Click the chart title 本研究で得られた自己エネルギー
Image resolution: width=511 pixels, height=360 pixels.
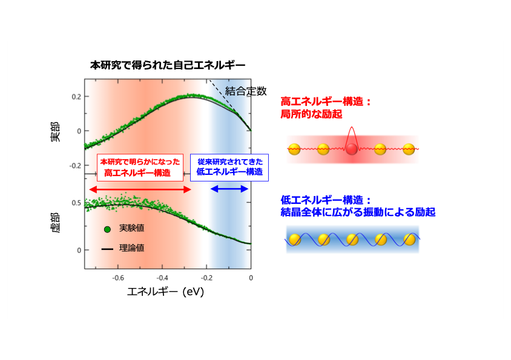point(168,65)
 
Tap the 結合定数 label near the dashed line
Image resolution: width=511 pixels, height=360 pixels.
point(246,91)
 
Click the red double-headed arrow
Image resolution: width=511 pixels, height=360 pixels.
point(140,189)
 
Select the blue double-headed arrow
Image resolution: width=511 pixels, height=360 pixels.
point(229,189)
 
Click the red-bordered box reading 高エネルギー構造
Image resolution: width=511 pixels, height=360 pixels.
point(140,168)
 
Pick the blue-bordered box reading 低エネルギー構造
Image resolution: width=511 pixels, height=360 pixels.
point(229,168)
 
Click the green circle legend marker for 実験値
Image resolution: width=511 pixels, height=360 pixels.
point(107,229)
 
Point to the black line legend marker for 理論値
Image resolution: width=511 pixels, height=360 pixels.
point(107,249)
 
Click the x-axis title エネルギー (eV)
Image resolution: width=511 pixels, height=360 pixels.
point(165,291)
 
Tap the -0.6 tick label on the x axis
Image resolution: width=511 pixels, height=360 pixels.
point(118,278)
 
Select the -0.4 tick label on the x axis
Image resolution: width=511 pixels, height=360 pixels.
point(162,278)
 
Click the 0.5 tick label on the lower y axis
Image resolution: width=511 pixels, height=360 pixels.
point(76,203)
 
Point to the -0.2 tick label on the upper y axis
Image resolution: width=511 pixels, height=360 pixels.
point(75,166)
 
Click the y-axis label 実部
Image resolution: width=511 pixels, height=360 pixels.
point(56,132)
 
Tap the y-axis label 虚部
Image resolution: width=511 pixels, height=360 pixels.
point(56,223)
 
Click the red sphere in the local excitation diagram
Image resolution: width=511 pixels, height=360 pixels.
point(352,149)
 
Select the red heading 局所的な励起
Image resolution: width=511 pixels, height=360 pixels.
point(311,114)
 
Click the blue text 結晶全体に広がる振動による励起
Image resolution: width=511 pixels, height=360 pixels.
point(358,212)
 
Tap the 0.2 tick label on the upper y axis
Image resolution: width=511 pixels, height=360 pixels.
point(76,97)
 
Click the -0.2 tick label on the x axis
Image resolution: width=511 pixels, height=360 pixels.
point(206,278)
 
